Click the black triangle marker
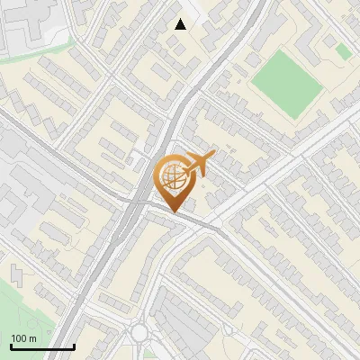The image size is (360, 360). tap(181, 24)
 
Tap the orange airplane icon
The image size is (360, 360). tap(199, 165)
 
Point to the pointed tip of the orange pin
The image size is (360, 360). tap(173, 212)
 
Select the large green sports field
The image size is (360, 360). tap(285, 80)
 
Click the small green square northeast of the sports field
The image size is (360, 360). tap(344, 51)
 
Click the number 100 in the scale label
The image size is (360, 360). tap(18, 338)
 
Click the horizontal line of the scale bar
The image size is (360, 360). tap(42, 347)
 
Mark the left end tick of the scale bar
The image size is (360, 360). tap(11, 346)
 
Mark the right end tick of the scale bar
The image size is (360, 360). tap(74, 346)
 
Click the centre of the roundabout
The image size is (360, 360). tap(139, 334)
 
